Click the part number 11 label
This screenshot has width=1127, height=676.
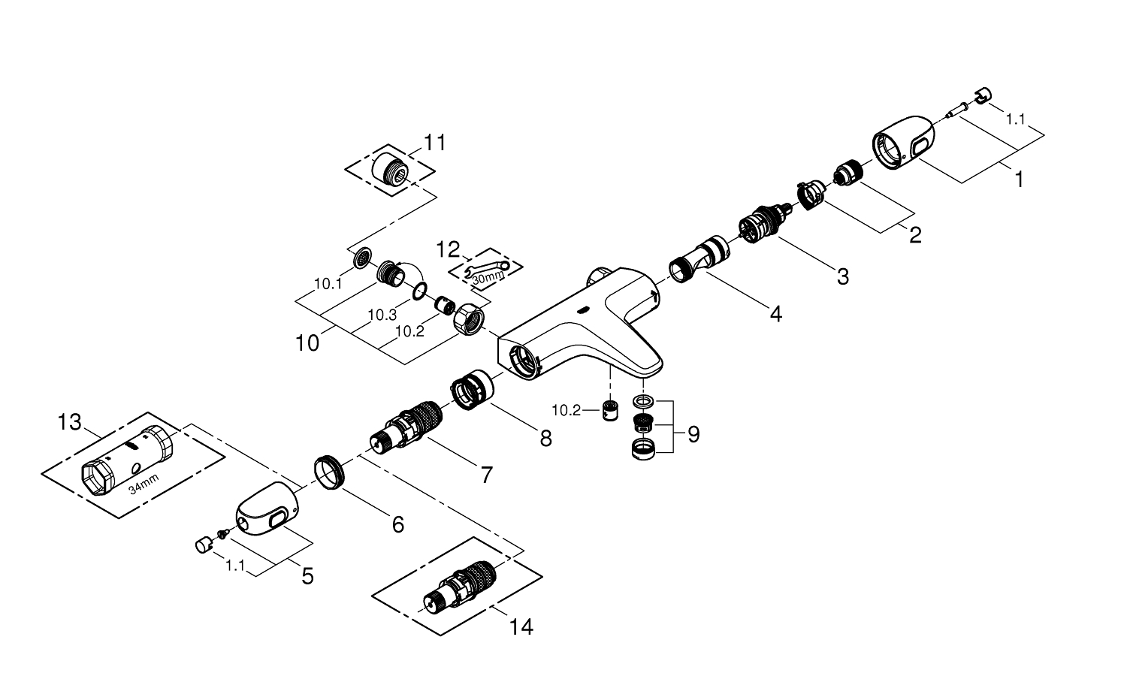[434, 142]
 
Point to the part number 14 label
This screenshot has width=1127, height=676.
[521, 626]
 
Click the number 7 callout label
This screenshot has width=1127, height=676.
[487, 474]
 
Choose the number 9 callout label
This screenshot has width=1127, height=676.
[693, 433]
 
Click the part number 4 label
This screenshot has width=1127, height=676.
[775, 313]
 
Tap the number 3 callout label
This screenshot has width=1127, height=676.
[843, 276]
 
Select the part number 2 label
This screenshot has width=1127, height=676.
[914, 234]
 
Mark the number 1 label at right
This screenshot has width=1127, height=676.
[1019, 180]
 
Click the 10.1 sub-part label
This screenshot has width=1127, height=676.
[328, 284]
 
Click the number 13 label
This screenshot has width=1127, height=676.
[69, 423]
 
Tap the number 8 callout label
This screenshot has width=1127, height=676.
[545, 438]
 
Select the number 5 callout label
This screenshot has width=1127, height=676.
[307, 576]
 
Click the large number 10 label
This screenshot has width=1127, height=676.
[307, 343]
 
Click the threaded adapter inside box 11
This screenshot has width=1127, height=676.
[390, 170]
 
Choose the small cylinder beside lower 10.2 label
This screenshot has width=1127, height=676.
[610, 412]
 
